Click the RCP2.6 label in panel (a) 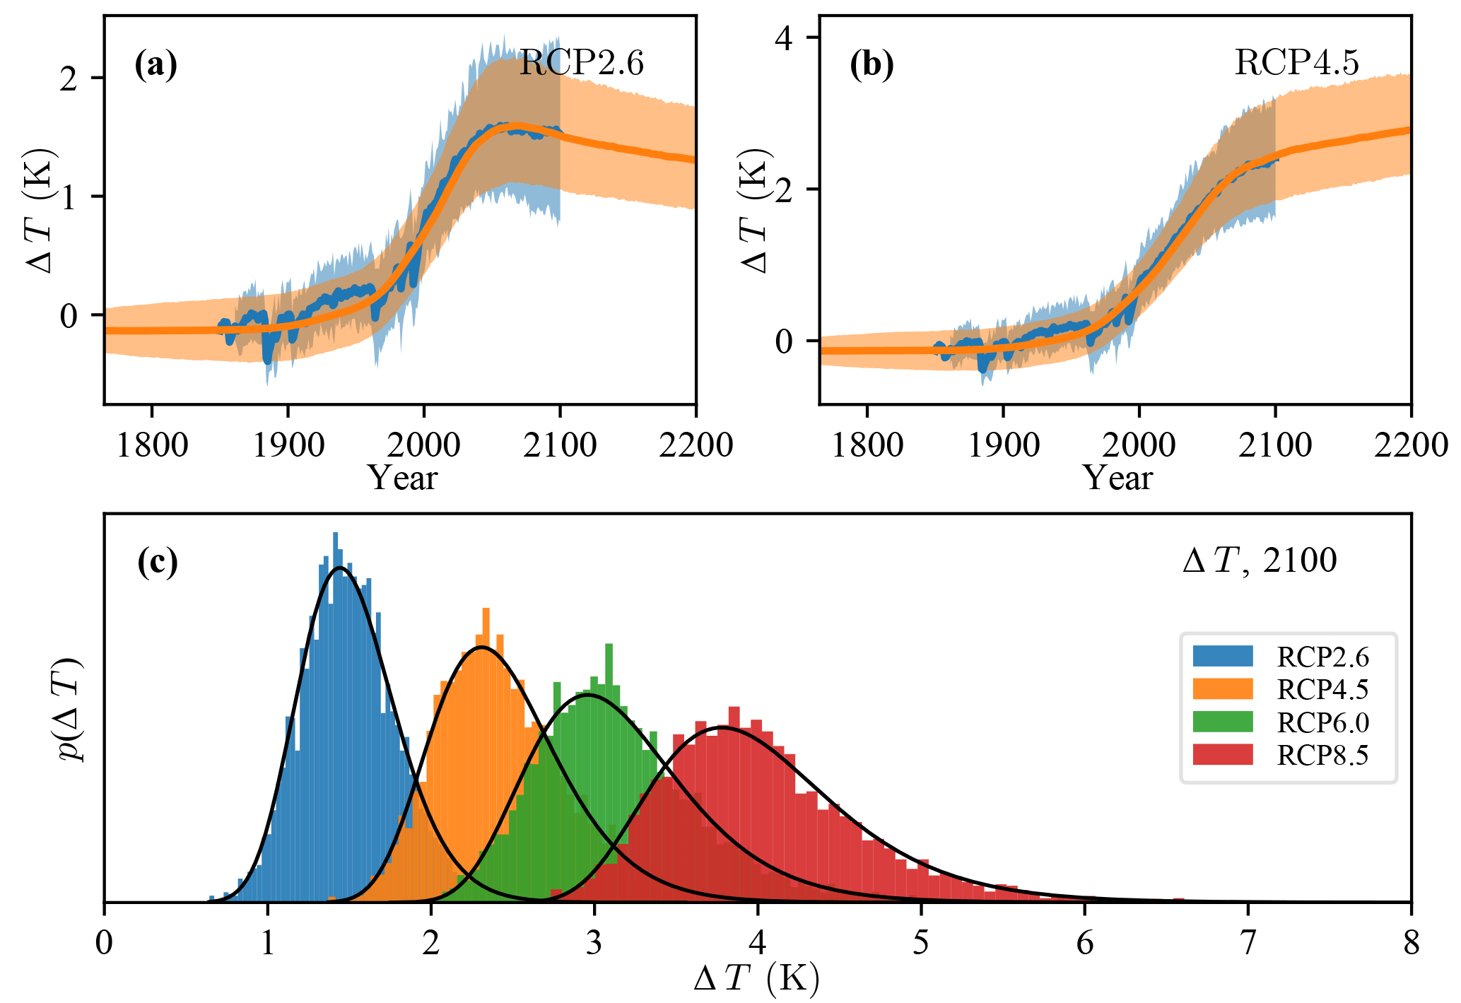point(581,64)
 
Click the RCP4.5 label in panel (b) point(1296,63)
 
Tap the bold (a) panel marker point(156,64)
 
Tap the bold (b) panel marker point(871,64)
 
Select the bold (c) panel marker point(157,562)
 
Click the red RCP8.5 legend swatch point(1222,754)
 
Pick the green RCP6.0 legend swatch point(1222,722)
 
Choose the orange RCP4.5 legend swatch point(1222,688)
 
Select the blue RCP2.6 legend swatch point(1222,656)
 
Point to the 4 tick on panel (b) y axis point(785,38)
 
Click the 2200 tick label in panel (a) point(696,445)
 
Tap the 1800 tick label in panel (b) point(867,445)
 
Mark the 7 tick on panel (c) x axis point(1248,943)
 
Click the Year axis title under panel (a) point(402,479)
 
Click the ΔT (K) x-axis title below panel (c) point(756,980)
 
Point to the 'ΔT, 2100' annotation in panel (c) point(1260,561)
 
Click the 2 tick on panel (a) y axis point(69,79)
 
